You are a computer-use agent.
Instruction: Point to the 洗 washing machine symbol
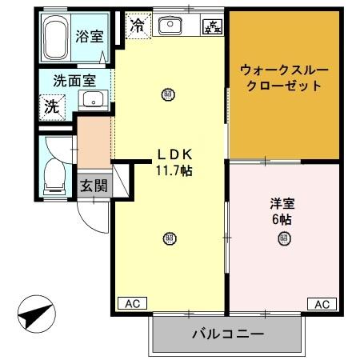click(51, 104)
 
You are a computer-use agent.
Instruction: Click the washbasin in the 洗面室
click(92, 101)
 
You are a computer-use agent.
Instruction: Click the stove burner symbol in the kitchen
click(213, 26)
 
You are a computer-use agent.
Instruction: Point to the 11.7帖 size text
click(173, 170)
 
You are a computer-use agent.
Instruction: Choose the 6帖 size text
click(282, 218)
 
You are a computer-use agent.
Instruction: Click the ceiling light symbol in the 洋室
click(284, 241)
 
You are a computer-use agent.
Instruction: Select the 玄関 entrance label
click(93, 186)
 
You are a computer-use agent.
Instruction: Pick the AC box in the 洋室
click(321, 303)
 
